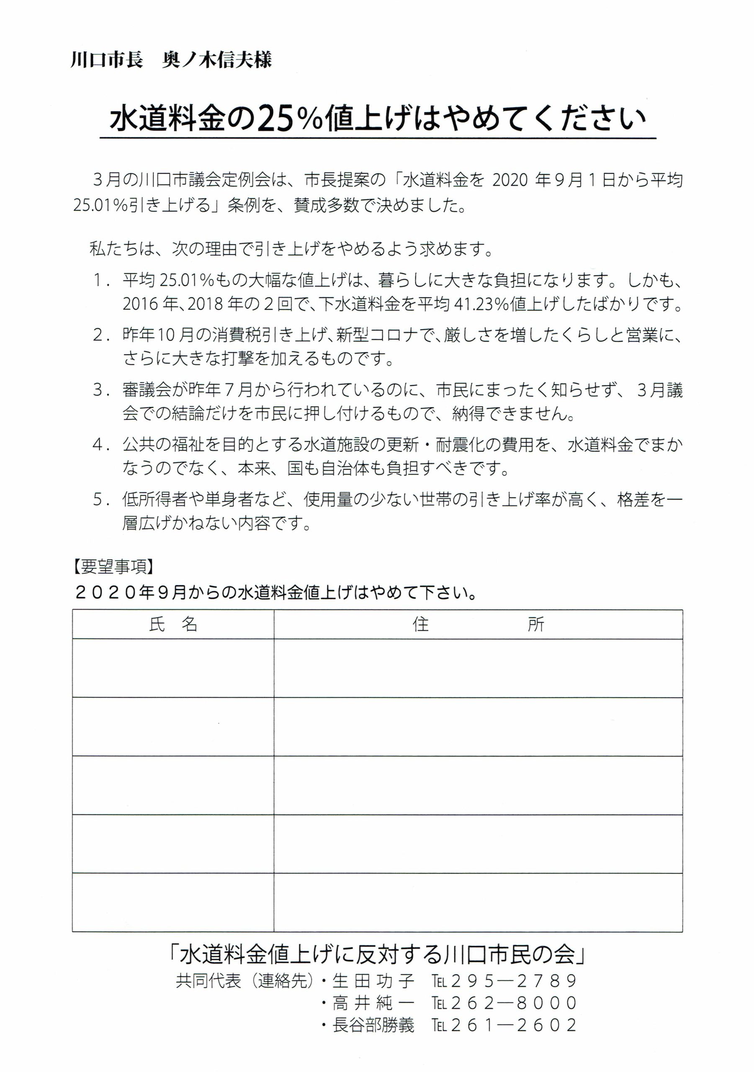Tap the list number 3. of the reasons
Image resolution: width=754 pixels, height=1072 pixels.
pyautogui.click(x=101, y=390)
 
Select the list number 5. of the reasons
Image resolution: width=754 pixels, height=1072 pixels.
pyautogui.click(x=101, y=500)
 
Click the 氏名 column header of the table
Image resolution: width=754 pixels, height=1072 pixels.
pyautogui.click(x=173, y=625)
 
